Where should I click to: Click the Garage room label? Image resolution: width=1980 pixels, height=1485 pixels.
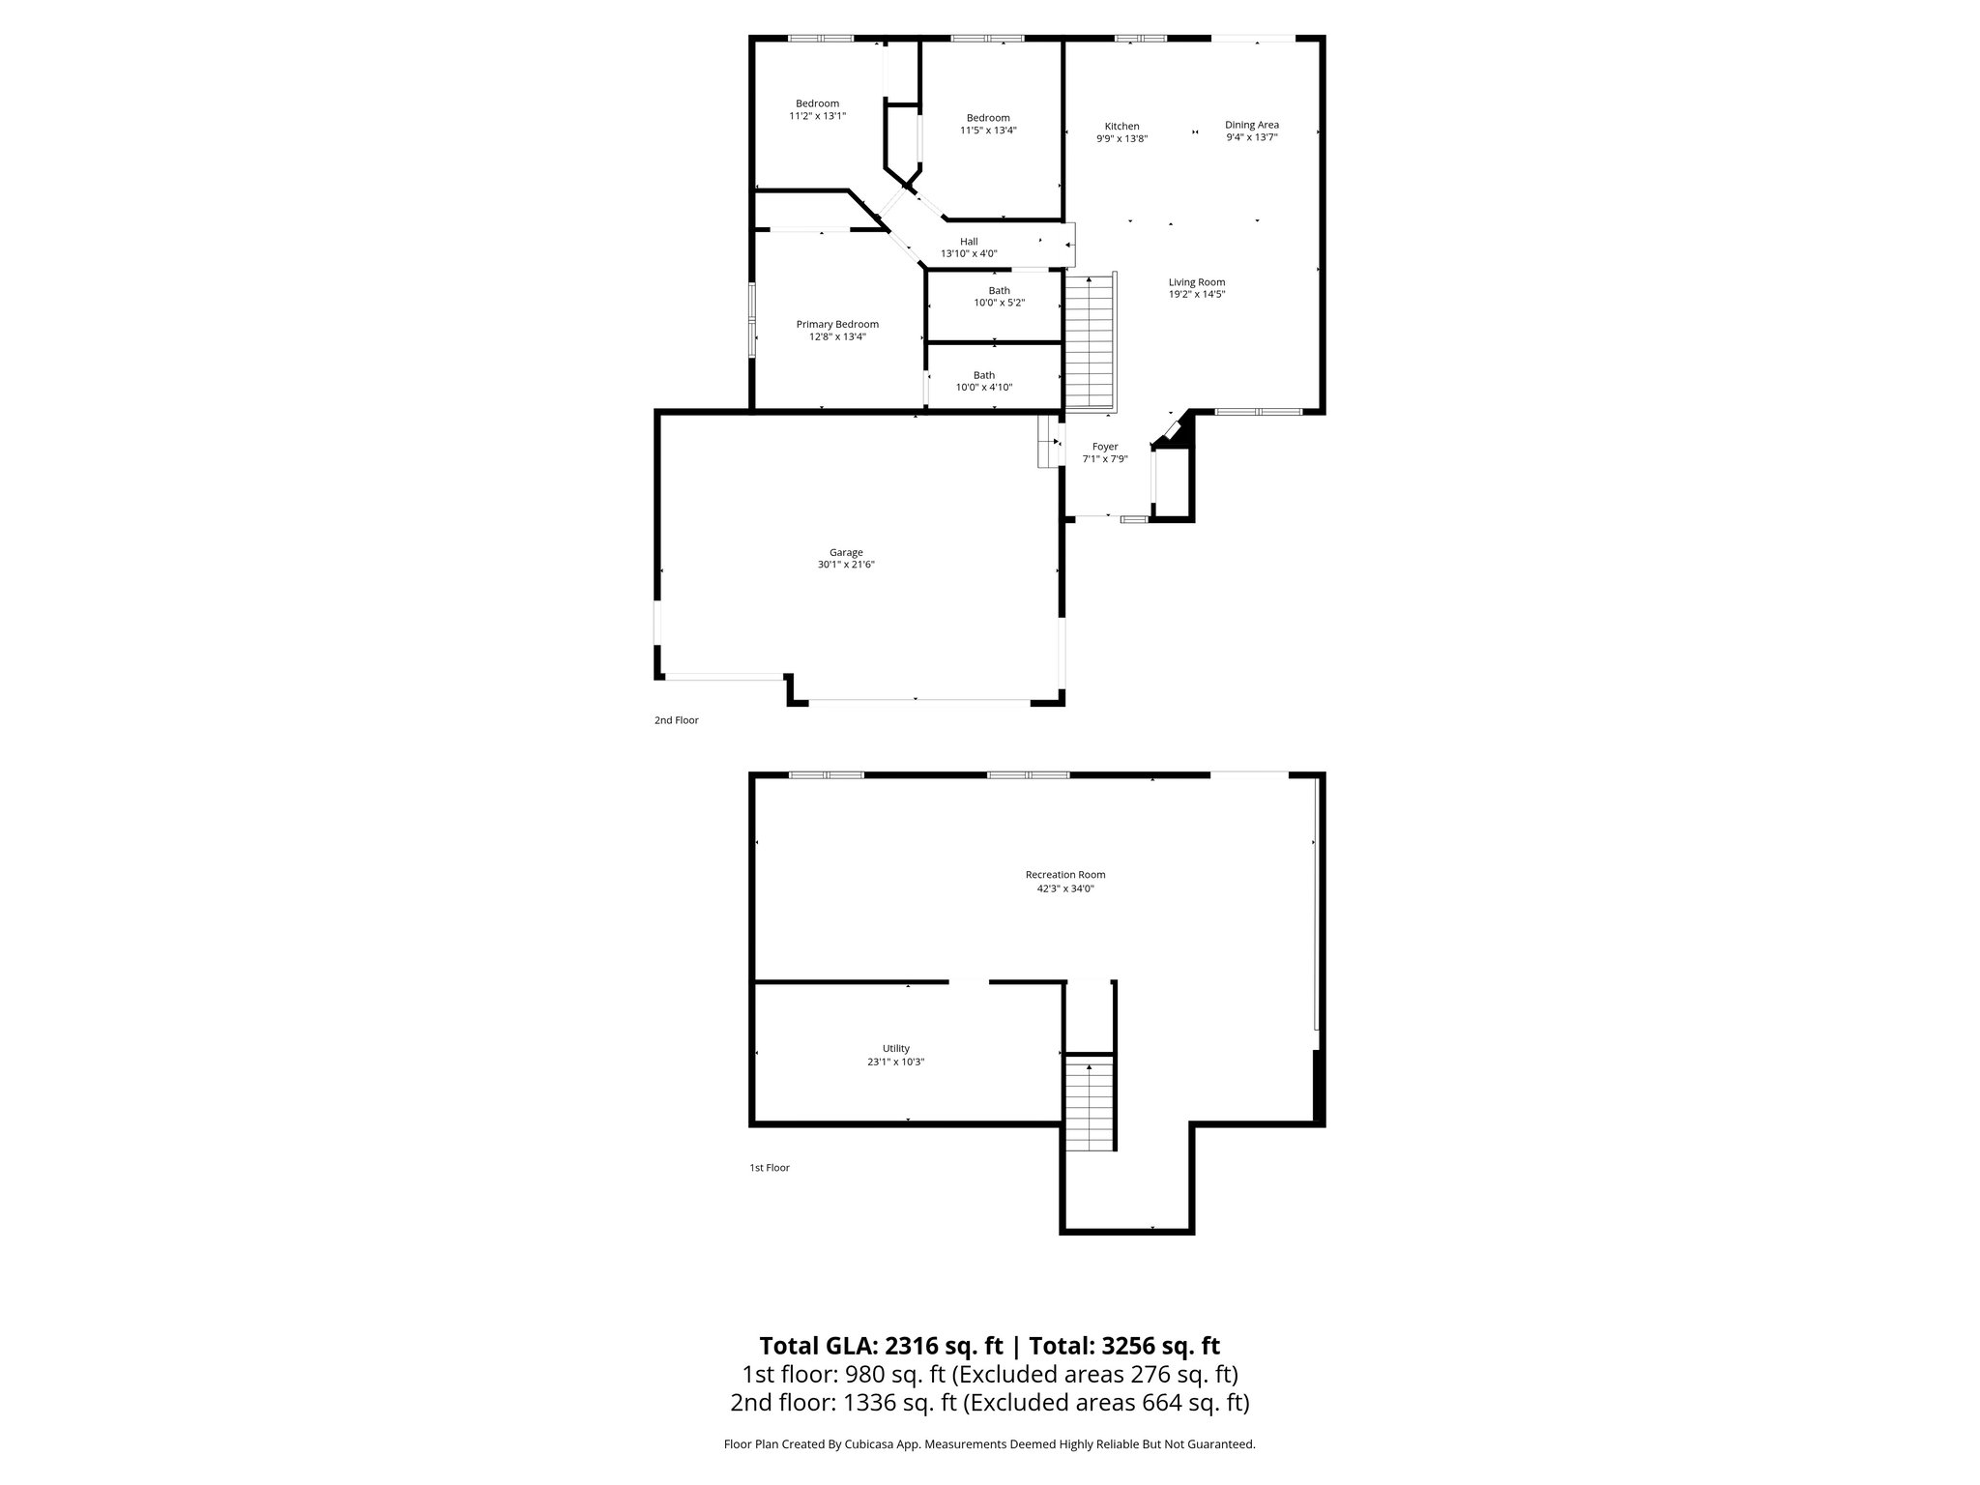coord(846,553)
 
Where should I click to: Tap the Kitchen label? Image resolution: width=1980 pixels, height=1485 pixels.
coord(1121,127)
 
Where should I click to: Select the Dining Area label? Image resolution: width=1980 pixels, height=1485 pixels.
coord(1252,125)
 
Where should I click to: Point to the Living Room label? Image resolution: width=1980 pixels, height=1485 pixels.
coord(1197,282)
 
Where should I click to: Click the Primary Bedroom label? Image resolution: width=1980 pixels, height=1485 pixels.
coord(837,325)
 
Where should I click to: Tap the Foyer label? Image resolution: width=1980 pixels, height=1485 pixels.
coord(1105,447)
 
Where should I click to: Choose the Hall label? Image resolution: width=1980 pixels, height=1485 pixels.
coord(969,242)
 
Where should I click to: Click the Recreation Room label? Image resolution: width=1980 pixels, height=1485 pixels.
coord(1065,875)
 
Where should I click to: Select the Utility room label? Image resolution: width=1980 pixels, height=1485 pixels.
coord(896,1049)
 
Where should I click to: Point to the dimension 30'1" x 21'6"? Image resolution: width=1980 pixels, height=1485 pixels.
coord(846,565)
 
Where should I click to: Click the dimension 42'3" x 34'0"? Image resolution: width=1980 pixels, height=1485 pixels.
coord(1065,888)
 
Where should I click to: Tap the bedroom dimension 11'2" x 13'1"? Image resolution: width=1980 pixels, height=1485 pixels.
coord(818,116)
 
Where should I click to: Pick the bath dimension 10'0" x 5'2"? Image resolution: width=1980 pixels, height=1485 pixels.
coord(999,303)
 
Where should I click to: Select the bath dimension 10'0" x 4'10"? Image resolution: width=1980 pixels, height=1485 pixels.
coord(984,388)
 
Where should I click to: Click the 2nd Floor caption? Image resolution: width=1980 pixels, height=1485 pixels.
coord(677,720)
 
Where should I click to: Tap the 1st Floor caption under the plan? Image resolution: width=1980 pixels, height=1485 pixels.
coord(770,1168)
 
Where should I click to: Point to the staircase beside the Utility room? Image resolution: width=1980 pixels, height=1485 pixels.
coord(1090,1103)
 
